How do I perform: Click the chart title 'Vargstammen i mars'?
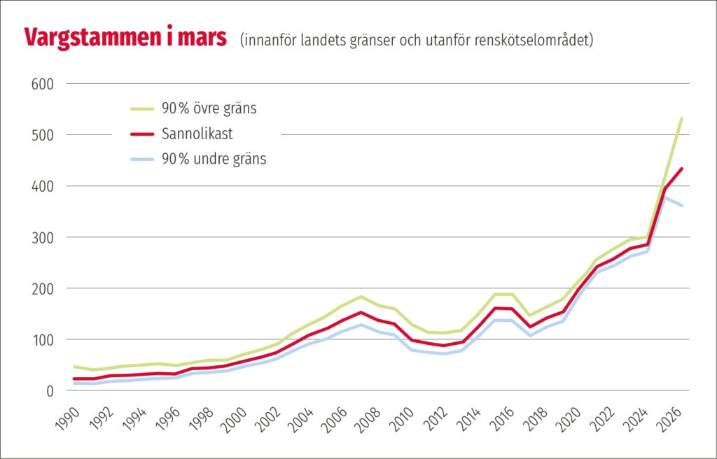(x=125, y=38)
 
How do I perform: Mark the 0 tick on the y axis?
(x=50, y=390)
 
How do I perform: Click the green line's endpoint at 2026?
(x=682, y=118)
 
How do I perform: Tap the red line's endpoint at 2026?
(x=682, y=169)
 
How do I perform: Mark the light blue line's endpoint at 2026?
(x=682, y=206)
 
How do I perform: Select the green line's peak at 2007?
(x=361, y=297)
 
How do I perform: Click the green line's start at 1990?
(x=74, y=367)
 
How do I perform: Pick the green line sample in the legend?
(x=144, y=108)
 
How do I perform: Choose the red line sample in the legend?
(x=144, y=134)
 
